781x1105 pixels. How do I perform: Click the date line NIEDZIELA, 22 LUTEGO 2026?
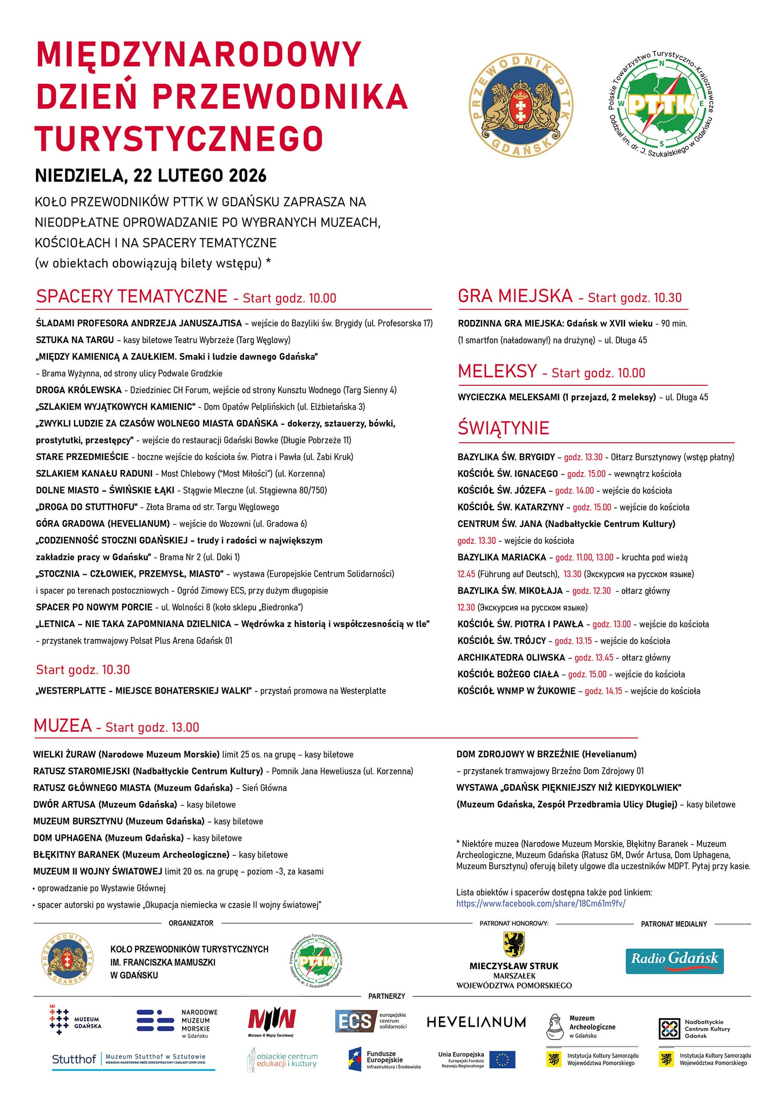pyautogui.click(x=151, y=176)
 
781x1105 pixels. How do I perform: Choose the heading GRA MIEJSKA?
pyautogui.click(x=515, y=296)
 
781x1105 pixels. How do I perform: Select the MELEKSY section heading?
pyautogui.click(x=497, y=371)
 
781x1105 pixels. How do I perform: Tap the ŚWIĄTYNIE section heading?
pyautogui.click(x=504, y=428)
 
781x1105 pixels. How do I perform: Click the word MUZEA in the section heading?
pyautogui.click(x=63, y=725)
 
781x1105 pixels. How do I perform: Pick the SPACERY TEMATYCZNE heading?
pyautogui.click(x=131, y=296)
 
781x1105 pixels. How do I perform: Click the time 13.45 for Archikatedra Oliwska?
pyautogui.click(x=594, y=657)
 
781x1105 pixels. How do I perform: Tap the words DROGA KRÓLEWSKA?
pyautogui.click(x=79, y=390)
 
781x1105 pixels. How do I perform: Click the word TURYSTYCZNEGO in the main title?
pyautogui.click(x=179, y=139)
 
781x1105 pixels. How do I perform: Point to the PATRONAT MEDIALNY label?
pyautogui.click(x=674, y=924)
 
